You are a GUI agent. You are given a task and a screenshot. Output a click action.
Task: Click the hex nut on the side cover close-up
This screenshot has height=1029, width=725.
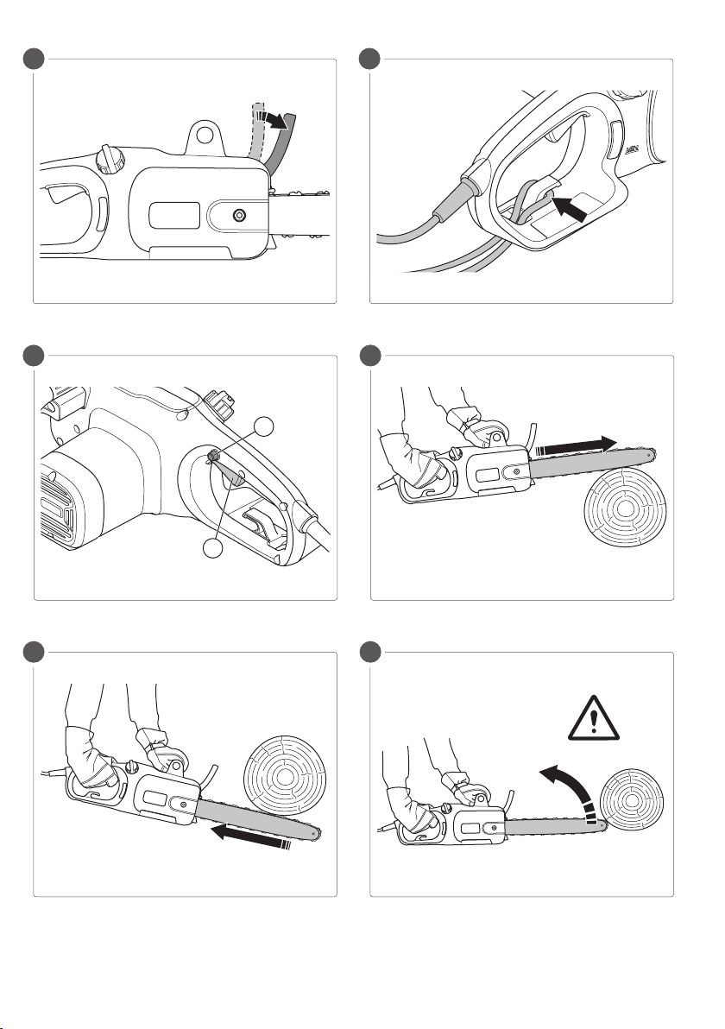[236, 213]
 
